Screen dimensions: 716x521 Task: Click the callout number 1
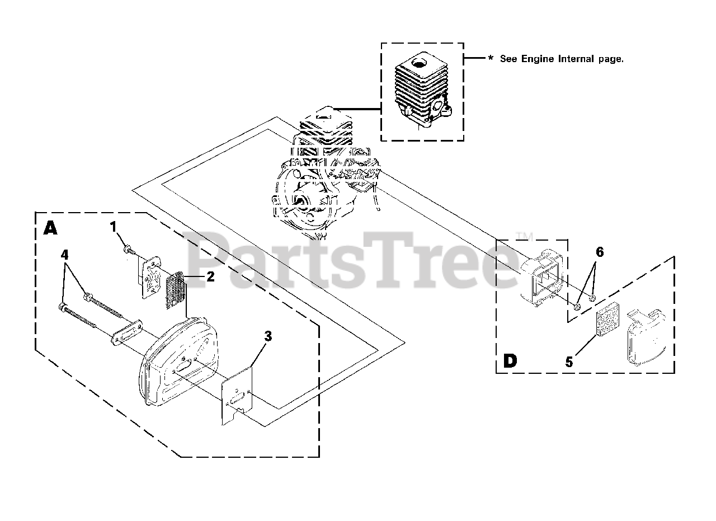point(114,227)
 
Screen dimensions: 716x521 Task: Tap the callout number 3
point(268,336)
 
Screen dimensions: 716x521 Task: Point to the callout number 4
point(65,255)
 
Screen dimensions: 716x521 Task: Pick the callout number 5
point(569,362)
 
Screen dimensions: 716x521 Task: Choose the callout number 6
point(600,252)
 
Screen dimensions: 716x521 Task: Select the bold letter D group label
point(510,361)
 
